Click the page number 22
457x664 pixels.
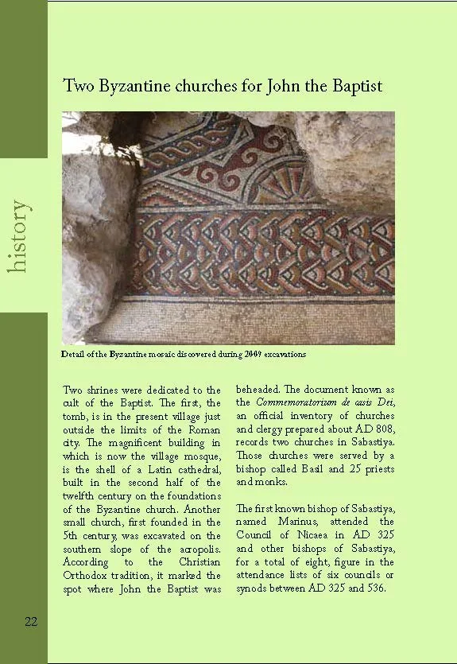[31, 621]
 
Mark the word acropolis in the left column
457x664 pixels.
[196, 548]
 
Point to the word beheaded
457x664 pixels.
[260, 390]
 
